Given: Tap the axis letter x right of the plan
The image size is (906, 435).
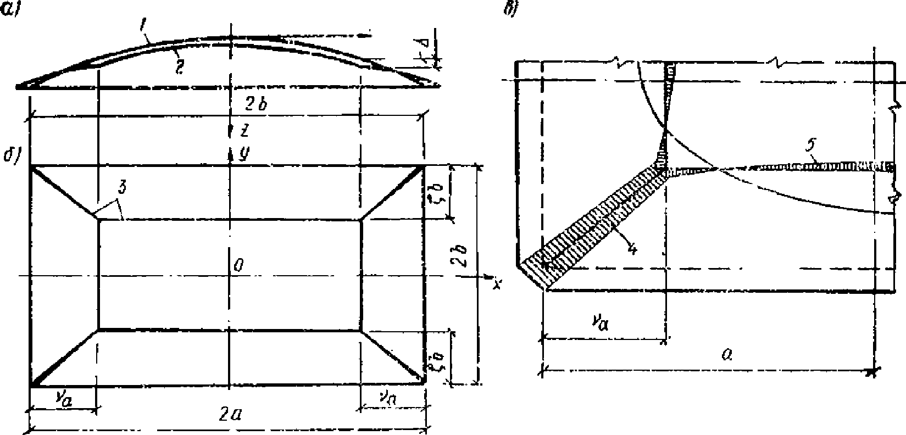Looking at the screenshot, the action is click(x=497, y=283).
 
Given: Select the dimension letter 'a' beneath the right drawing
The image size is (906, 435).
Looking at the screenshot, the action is click(x=726, y=355).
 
